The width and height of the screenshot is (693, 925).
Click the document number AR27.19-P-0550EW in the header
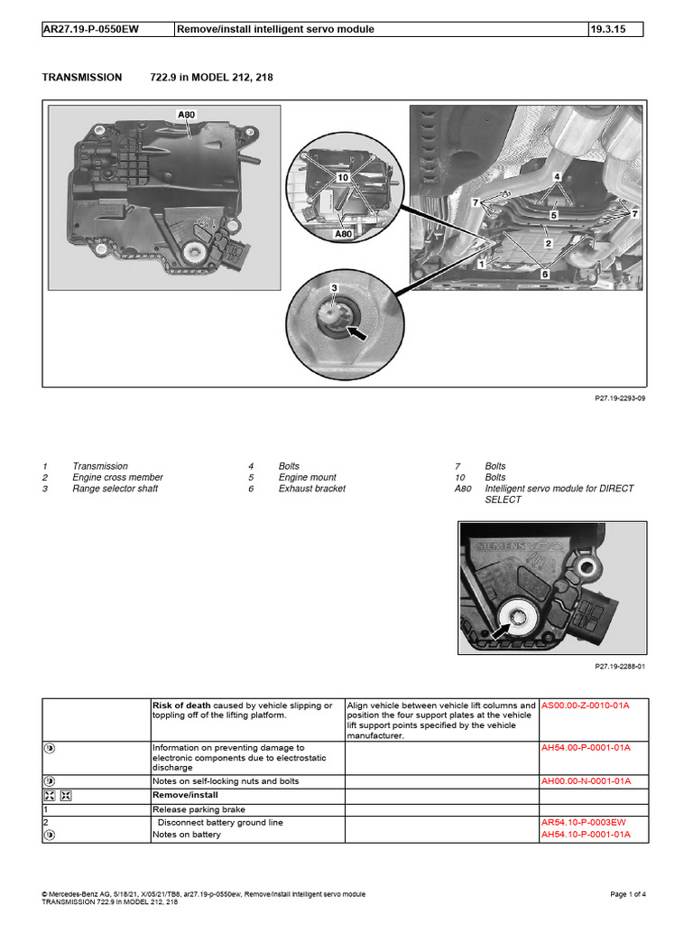88,29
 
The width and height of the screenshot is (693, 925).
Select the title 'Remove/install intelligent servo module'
275,29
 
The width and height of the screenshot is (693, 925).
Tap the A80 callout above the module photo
186,115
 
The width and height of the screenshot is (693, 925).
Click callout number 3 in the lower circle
334,288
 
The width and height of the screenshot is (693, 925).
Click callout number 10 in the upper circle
343,178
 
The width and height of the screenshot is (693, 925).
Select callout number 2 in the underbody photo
548,243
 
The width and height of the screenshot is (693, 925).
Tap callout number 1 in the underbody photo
482,264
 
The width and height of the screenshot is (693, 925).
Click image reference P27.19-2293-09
621,398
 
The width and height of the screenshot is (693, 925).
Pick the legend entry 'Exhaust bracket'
311,489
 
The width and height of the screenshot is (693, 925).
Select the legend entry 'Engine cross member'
117,477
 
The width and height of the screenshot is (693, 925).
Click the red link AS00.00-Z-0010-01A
585,705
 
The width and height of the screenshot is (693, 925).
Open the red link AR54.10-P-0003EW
584,823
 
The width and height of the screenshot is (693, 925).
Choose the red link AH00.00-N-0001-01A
585,780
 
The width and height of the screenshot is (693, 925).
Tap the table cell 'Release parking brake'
198,810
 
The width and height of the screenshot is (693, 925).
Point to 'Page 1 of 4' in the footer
628,894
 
